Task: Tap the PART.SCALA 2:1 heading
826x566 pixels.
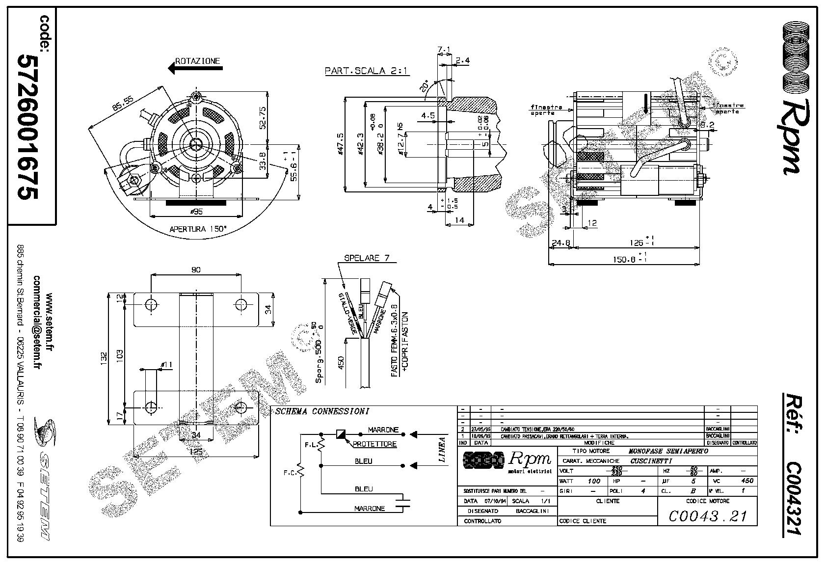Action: (367, 71)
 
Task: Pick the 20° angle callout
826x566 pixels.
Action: (425, 87)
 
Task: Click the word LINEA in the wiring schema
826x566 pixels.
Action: (442, 450)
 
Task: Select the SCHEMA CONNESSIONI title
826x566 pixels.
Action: (322, 411)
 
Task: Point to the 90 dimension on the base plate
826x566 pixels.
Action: (195, 270)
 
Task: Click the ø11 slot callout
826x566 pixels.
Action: (167, 364)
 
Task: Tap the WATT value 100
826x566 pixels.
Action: (594, 481)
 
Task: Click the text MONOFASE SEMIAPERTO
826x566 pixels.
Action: (668, 451)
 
